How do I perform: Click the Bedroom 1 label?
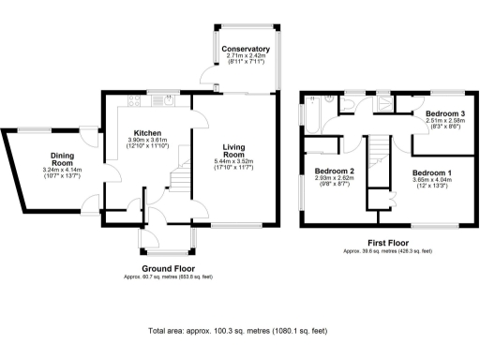[432, 172]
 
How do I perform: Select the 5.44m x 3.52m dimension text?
[234, 163]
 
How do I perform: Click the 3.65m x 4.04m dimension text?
[432, 180]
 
